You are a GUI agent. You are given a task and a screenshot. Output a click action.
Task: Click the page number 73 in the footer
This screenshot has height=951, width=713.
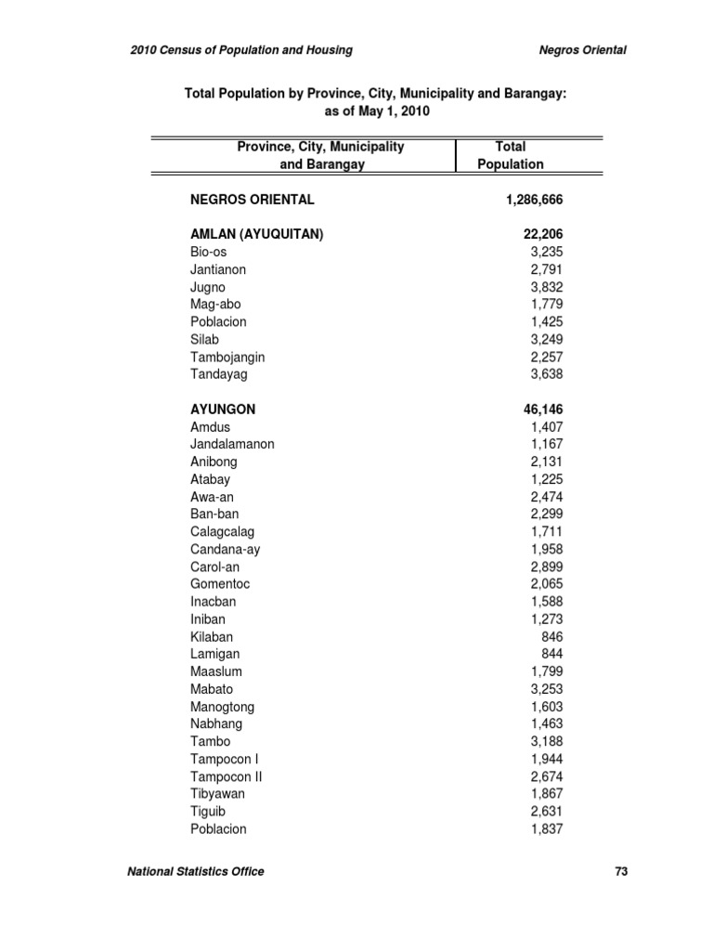(621, 871)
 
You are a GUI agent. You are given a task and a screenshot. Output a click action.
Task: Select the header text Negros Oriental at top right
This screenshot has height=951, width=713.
(582, 50)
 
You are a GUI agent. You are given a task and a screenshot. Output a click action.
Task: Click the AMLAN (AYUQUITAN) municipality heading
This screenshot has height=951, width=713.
(256, 235)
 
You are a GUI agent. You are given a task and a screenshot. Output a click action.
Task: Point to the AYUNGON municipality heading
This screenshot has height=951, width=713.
(223, 410)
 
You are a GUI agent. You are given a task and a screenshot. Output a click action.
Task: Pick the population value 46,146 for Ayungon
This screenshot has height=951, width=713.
(543, 410)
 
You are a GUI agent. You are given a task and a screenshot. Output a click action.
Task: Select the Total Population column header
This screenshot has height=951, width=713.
(511, 155)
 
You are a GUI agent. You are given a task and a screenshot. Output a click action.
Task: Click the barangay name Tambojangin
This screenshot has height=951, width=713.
(227, 357)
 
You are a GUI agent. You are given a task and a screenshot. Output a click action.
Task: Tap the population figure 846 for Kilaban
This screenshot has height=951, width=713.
(551, 637)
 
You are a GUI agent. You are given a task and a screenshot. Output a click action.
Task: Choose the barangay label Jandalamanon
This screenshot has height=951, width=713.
(232, 444)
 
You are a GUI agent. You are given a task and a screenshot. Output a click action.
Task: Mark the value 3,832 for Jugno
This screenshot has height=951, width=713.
(546, 287)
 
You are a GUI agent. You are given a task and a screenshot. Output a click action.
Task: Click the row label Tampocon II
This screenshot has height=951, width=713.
(226, 776)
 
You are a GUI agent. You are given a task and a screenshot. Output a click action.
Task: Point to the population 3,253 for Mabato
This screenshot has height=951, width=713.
(546, 689)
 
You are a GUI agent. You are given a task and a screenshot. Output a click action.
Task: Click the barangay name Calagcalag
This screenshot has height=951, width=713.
(222, 532)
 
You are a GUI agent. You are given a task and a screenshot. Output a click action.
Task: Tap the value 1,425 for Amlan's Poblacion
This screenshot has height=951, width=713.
(546, 322)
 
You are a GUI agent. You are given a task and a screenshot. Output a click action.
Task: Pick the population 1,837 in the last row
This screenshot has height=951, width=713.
(546, 829)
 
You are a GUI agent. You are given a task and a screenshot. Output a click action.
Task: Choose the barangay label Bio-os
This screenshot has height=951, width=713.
(208, 252)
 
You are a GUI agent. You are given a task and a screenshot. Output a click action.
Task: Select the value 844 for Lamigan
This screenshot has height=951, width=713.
(551, 655)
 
